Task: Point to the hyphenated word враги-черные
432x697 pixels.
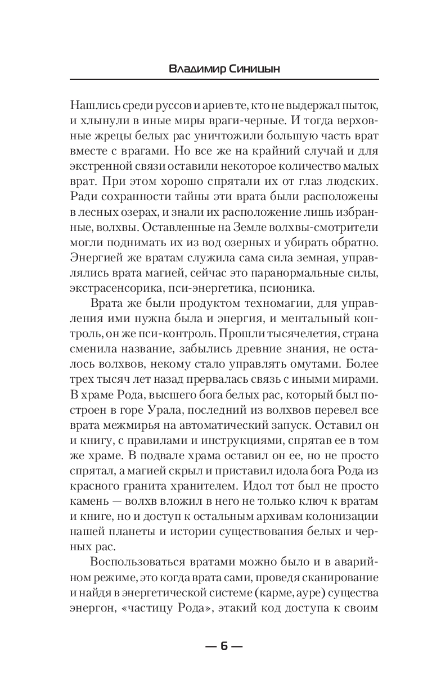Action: point(228,121)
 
